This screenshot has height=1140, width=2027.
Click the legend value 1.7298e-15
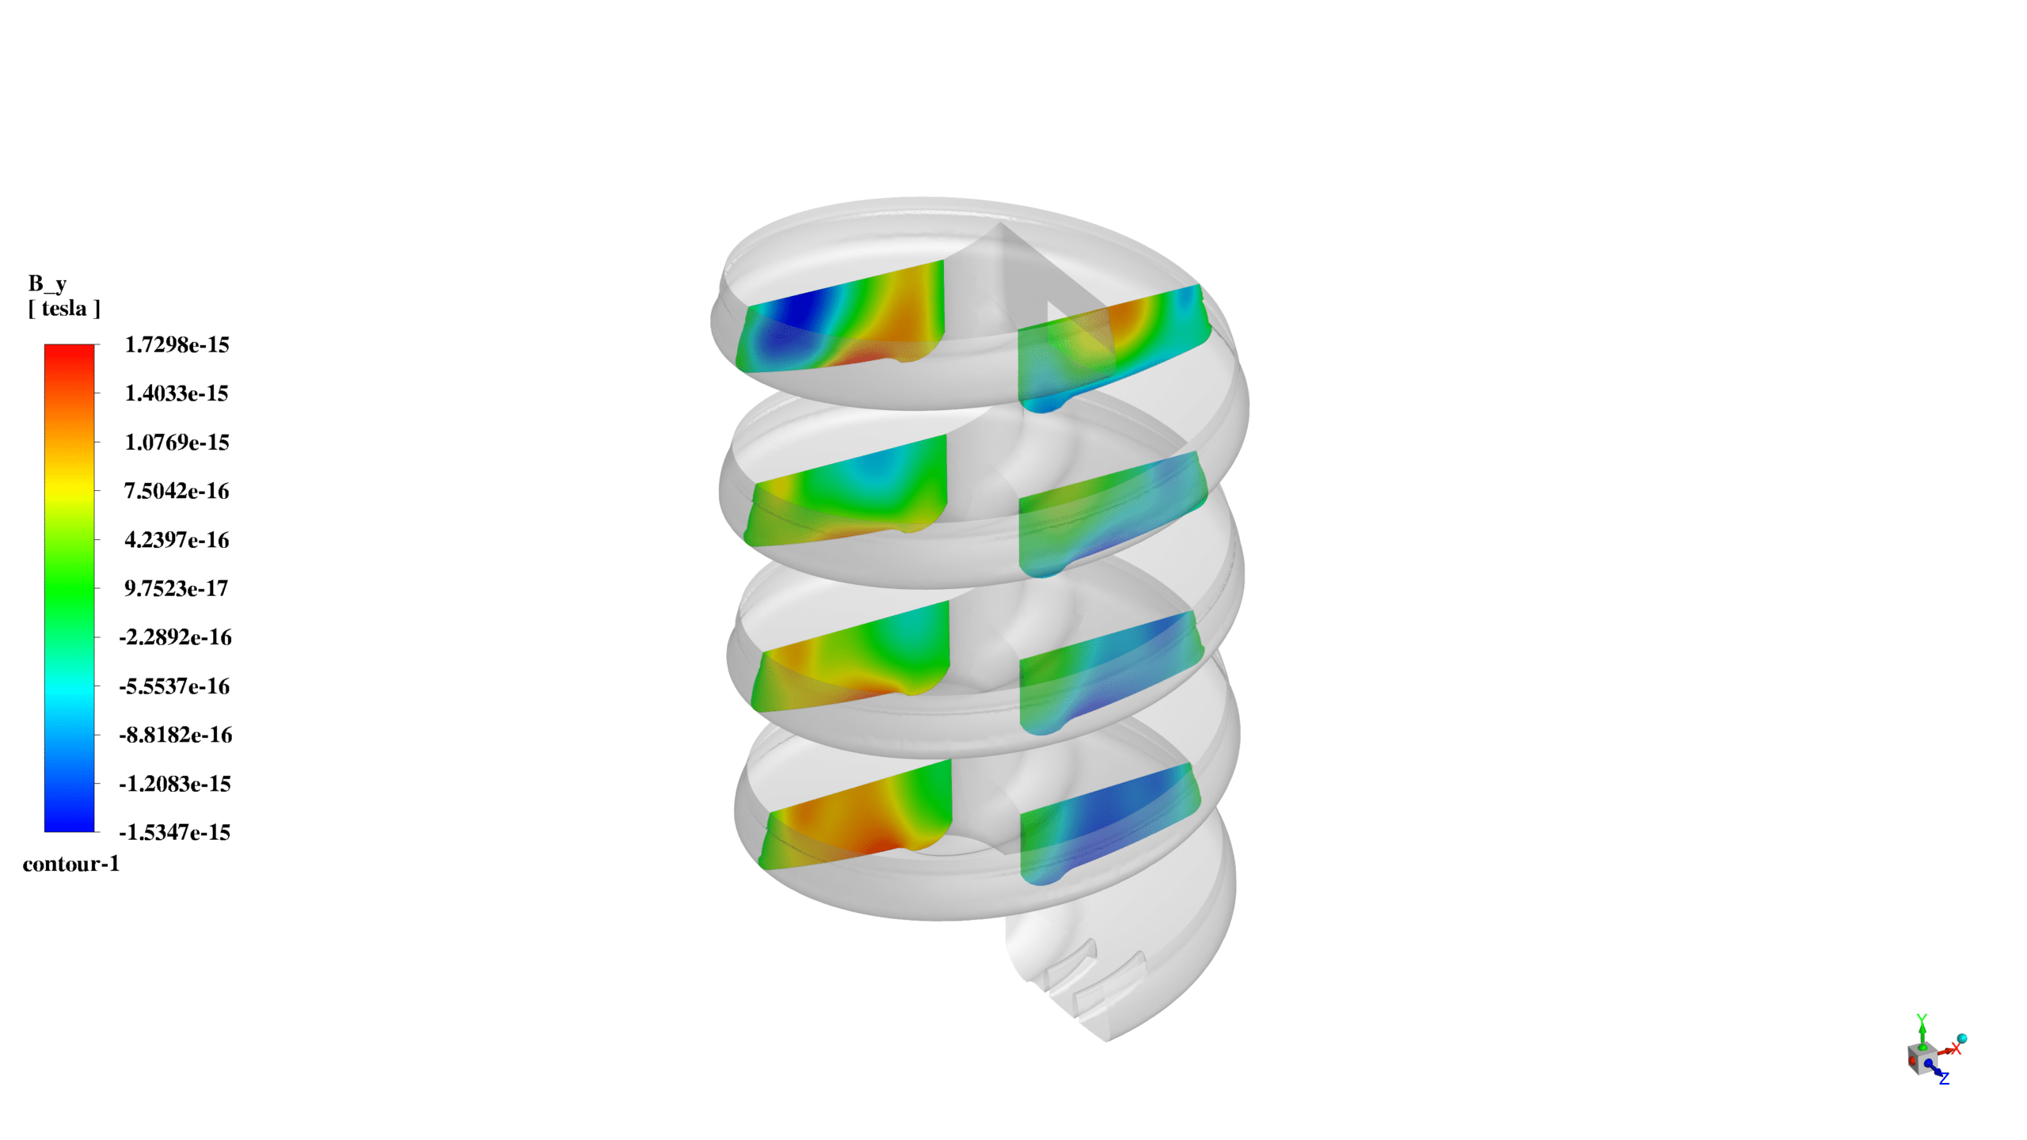coord(177,344)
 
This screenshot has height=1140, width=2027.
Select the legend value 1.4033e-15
coord(177,393)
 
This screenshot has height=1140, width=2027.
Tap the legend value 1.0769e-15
coord(177,442)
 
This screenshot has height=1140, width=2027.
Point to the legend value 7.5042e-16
coord(177,491)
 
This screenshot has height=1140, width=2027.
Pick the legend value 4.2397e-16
coord(177,540)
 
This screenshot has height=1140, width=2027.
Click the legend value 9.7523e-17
coord(177,588)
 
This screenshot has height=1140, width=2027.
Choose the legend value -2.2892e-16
coord(175,637)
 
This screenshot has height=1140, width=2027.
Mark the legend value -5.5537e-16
coord(175,686)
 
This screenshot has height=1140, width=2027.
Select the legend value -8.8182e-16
coord(175,735)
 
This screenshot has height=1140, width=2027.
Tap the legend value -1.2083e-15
coord(175,784)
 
